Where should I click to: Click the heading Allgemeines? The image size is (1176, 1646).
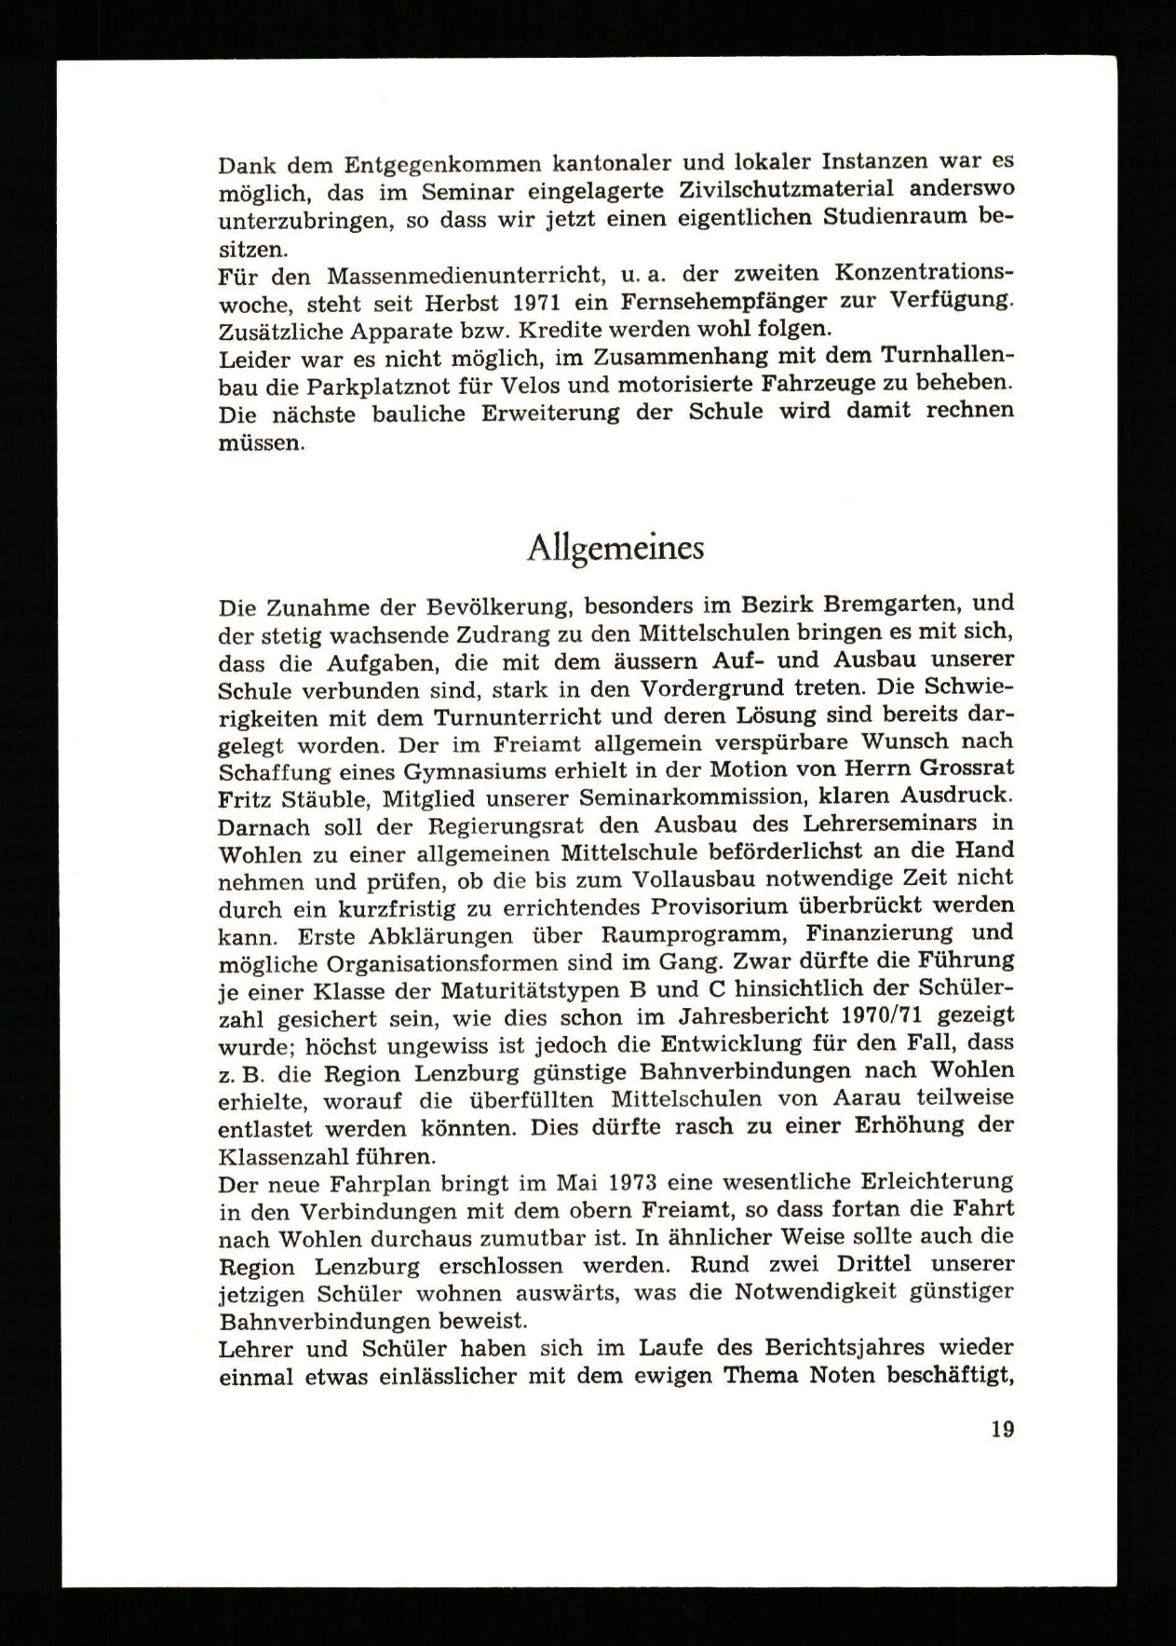click(615, 551)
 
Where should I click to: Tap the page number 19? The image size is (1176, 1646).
click(1002, 1430)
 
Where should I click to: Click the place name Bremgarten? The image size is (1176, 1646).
click(869, 605)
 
